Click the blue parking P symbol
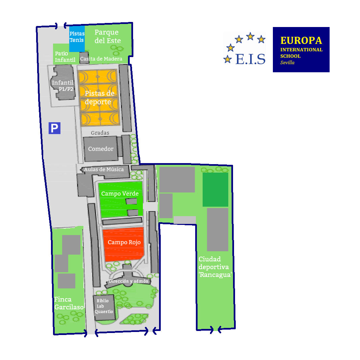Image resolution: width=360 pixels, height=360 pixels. pos(54,128)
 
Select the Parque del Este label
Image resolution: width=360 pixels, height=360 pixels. pos(107,36)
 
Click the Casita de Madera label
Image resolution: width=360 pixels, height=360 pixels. pos(101,59)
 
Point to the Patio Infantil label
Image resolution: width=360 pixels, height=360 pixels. pos(65,57)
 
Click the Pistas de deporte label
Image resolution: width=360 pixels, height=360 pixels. pos(99,97)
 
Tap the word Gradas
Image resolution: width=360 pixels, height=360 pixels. pos(100,133)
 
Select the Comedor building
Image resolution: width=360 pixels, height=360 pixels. pos(100,149)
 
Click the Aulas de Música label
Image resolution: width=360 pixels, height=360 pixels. pos(104,169)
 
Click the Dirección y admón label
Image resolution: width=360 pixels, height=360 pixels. pos(128,281)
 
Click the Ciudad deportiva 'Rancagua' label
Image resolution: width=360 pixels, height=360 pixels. pos(215,267)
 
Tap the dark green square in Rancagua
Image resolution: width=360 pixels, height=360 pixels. pos(215,189)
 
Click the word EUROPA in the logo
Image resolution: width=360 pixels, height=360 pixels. pos(301,41)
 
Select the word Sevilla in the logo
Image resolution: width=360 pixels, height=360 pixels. pos(287,62)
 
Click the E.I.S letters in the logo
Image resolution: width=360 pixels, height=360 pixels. pos(250,59)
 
